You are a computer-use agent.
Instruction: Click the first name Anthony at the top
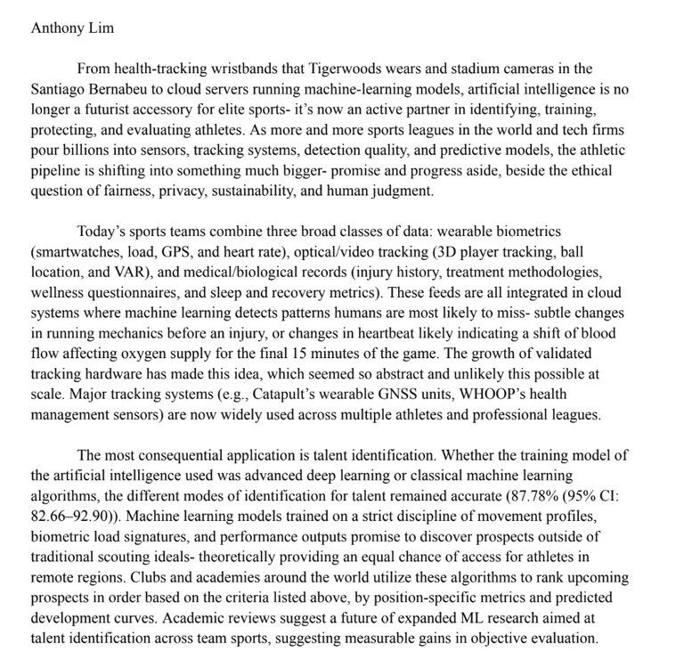point(60,27)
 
